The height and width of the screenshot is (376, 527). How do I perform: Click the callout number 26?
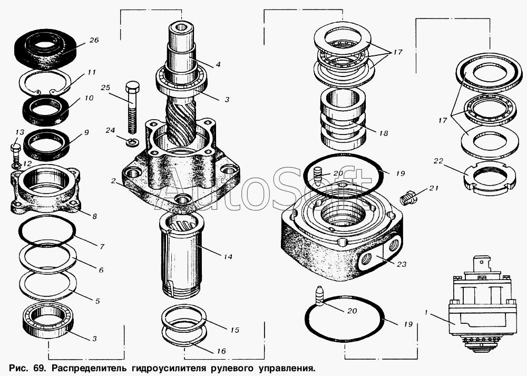[94, 41]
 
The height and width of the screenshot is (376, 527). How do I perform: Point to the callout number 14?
[228, 257]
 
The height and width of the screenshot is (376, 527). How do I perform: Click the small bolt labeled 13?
[16, 155]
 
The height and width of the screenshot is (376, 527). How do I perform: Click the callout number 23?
[401, 264]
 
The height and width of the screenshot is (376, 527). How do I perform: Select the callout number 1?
[426, 313]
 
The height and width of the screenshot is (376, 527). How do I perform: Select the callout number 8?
[94, 216]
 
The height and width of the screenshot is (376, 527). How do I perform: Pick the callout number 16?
[221, 351]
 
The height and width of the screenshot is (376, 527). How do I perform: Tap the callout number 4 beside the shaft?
[218, 64]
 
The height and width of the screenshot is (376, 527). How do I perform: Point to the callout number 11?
[91, 72]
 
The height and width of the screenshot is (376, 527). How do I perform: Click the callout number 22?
[438, 161]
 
